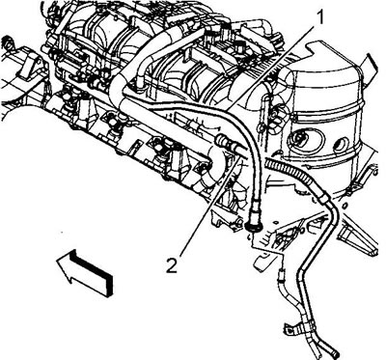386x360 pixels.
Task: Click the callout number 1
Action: tap(320, 17)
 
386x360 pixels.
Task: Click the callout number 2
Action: tap(172, 265)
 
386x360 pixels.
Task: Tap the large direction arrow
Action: tap(85, 272)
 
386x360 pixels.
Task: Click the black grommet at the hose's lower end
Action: tap(254, 227)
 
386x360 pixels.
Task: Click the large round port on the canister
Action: tap(298, 139)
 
